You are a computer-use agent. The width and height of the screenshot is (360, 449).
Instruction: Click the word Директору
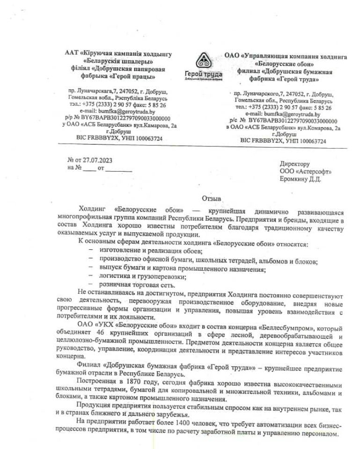pos(294,164)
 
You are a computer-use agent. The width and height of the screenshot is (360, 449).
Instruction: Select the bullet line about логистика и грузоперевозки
pos(142,276)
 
